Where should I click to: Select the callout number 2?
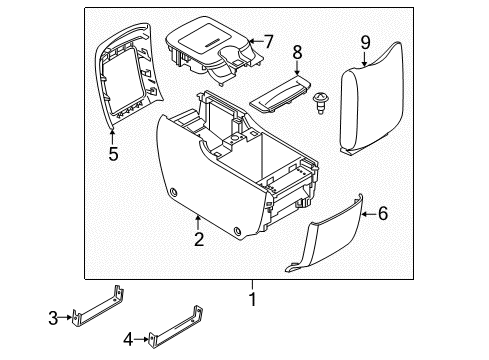[199, 238]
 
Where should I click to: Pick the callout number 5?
[113, 155]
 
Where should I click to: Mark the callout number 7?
[267, 41]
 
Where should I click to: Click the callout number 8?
[296, 53]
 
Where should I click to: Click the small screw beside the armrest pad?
[323, 101]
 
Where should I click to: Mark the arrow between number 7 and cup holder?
[252, 42]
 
